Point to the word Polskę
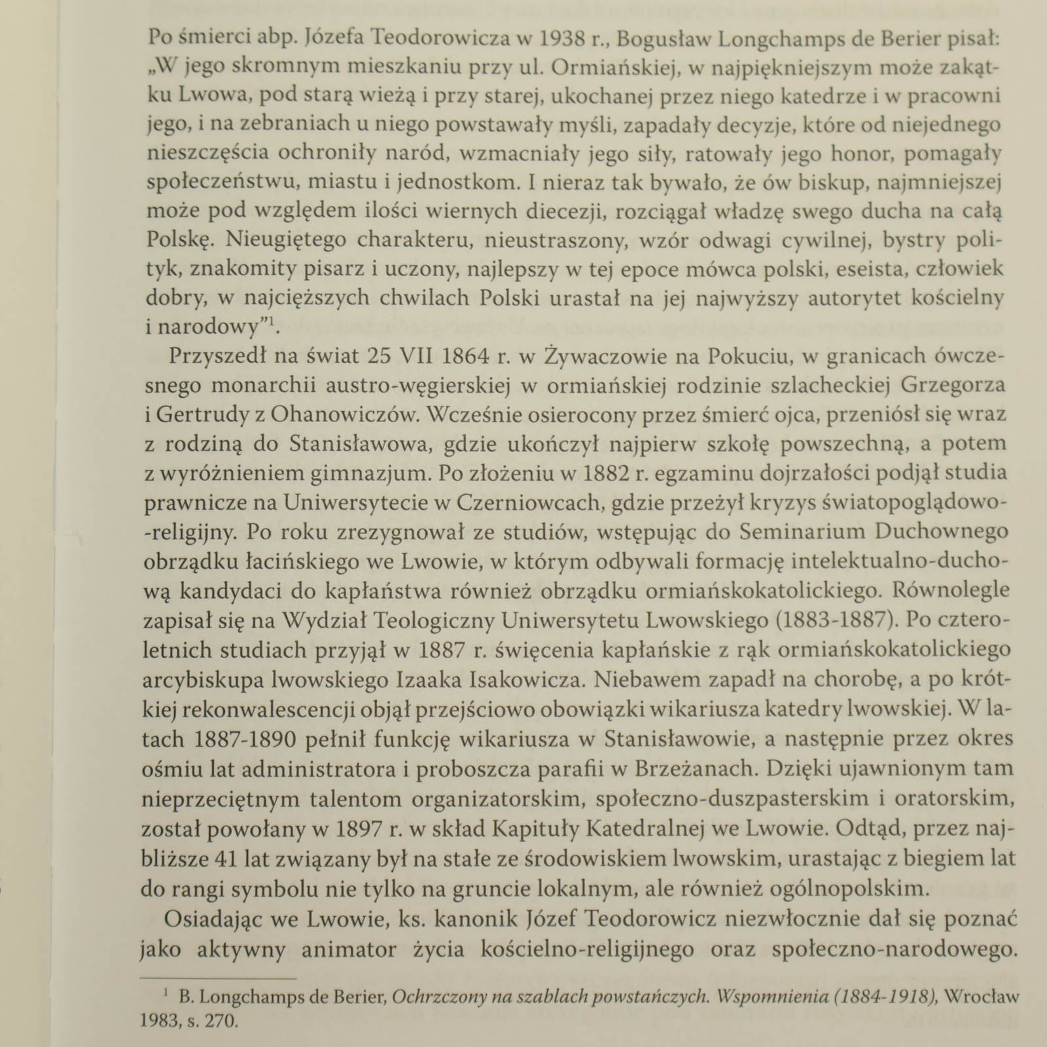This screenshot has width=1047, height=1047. pos(177,240)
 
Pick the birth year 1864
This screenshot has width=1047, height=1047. pos(466,356)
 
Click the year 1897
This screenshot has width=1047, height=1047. pos(357,829)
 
